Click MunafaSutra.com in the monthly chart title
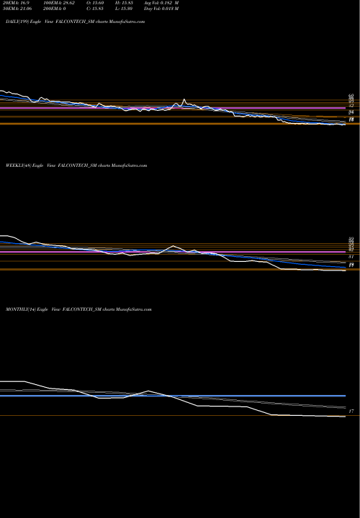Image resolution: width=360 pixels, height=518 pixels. click(x=133, y=309)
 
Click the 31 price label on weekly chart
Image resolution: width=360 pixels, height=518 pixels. click(x=351, y=257)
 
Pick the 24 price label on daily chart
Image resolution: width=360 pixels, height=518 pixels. click(x=351, y=112)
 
